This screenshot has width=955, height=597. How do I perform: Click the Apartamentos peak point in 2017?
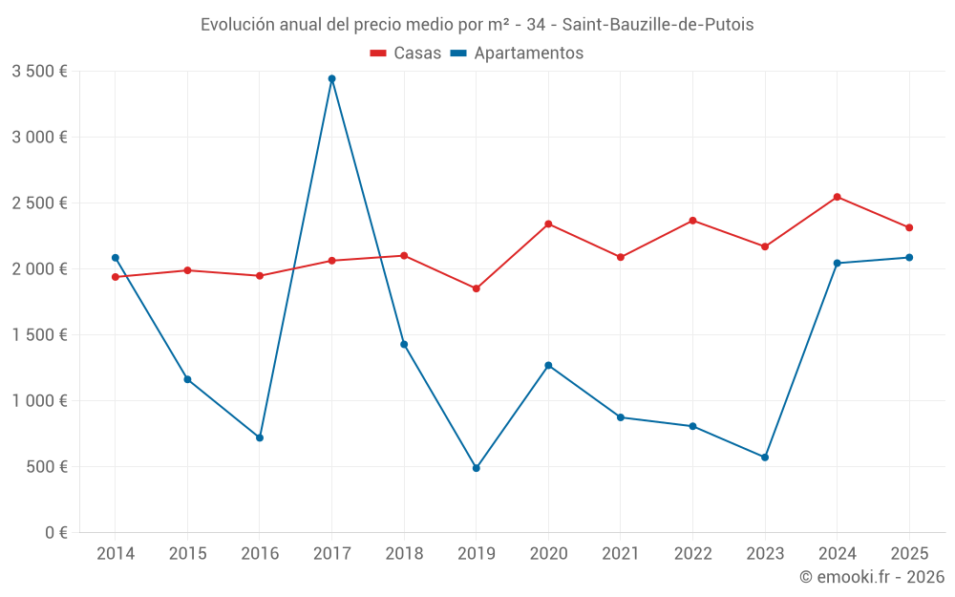pyautogui.click(x=331, y=78)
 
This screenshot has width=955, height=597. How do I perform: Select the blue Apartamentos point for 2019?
pyautogui.click(x=476, y=468)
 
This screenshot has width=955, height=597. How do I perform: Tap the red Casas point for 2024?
pyautogui.click(x=837, y=197)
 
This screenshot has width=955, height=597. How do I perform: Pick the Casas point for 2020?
pyautogui.click(x=548, y=224)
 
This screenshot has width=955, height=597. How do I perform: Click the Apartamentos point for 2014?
pyautogui.click(x=116, y=257)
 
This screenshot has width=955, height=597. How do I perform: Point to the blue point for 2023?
pyautogui.click(x=765, y=457)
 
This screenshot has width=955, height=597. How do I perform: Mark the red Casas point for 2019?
pyautogui.click(x=476, y=288)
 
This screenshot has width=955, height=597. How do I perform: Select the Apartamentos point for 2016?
pyautogui.click(x=260, y=437)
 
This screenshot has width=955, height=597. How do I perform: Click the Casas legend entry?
pyautogui.click(x=406, y=53)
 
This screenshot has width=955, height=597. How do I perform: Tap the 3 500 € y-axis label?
pyautogui.click(x=39, y=72)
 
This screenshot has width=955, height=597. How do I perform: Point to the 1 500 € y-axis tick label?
pyautogui.click(x=39, y=335)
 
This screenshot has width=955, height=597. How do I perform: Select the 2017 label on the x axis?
pyautogui.click(x=331, y=553)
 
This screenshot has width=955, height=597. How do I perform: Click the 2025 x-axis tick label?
pyautogui.click(x=908, y=553)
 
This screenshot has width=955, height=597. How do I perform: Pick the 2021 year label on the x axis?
pyautogui.click(x=620, y=553)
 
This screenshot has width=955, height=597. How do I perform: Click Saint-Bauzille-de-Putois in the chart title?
pyautogui.click(x=658, y=25)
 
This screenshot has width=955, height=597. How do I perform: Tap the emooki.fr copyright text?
pyautogui.click(x=871, y=576)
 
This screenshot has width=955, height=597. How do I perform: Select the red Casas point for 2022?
pyautogui.click(x=692, y=221)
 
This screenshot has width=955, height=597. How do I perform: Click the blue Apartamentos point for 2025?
pyautogui.click(x=909, y=257)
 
